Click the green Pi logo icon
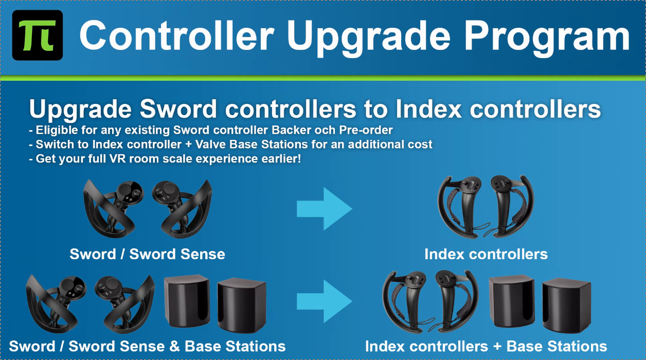point(38,35)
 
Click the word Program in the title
point(547,38)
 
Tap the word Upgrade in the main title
point(369,38)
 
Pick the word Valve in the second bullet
point(210,144)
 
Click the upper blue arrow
point(325,209)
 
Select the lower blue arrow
point(325,301)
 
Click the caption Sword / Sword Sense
point(148,254)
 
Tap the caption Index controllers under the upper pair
point(486,254)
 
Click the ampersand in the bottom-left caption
point(174,346)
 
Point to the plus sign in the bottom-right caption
point(497,347)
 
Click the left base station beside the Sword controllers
point(187,301)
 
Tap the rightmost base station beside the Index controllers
point(567,305)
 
